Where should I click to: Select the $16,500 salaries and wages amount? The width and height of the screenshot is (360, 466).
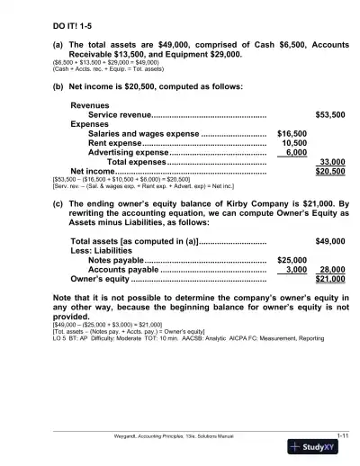pyautogui.click(x=292, y=133)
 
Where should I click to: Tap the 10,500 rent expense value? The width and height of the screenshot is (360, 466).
pyautogui.click(x=294, y=142)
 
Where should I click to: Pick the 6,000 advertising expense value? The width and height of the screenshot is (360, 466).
pyautogui.click(x=296, y=152)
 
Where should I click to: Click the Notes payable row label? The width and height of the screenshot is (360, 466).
pyautogui.click(x=120, y=259)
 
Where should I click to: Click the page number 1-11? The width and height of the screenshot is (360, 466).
pyautogui.click(x=341, y=435)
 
